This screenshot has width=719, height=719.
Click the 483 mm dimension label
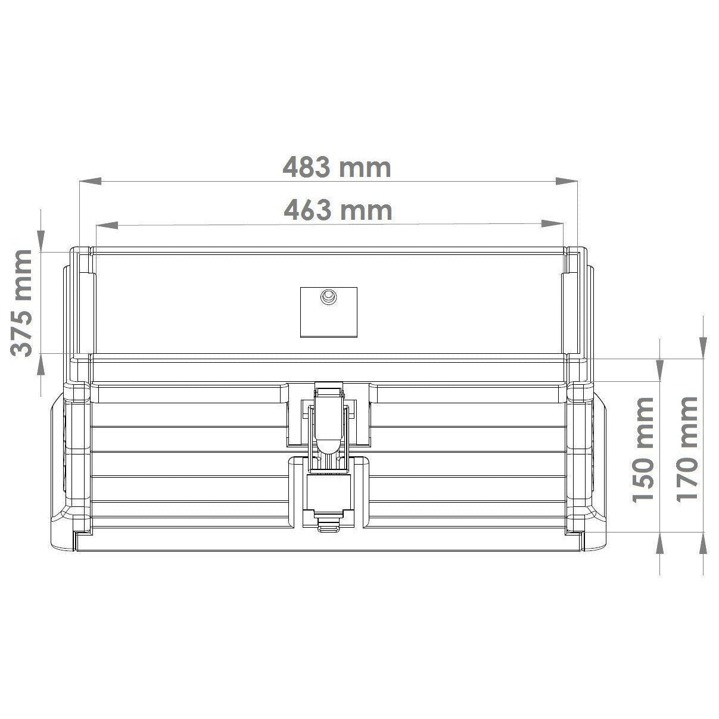[337, 167]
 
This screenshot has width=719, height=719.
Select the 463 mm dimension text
[338, 210]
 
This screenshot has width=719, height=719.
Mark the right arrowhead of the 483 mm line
[567, 181]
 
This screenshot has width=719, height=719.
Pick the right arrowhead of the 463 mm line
[552, 225]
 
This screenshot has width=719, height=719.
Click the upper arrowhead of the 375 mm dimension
[41, 239]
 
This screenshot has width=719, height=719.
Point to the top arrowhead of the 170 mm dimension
[703, 344]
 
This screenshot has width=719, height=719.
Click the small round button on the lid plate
[328, 297]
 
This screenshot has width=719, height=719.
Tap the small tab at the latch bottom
[328, 525]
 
